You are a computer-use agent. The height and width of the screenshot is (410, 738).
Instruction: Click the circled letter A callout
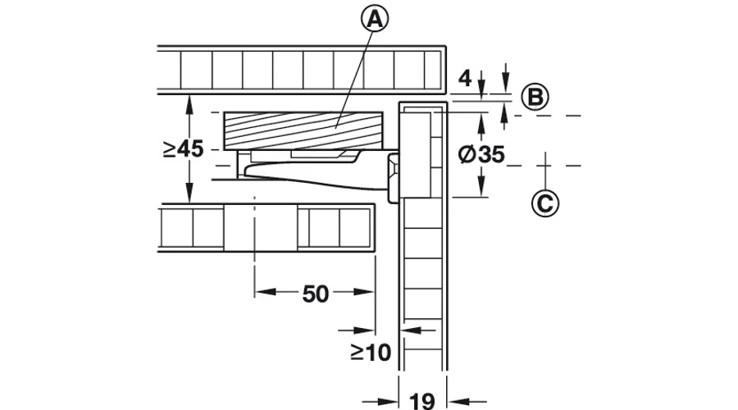375,20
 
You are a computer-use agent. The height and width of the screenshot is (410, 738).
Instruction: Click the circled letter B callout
535,97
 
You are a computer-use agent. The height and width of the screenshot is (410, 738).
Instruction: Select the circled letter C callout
545,204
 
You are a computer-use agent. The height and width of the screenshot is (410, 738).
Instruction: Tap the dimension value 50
316,294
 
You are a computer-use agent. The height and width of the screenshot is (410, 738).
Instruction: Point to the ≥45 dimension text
183,149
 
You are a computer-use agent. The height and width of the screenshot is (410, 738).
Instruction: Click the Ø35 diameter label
481,154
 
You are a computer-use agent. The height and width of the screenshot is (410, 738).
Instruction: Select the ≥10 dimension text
371,352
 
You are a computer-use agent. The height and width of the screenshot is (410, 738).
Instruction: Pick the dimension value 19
422,402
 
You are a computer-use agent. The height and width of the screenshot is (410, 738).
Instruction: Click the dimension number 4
465,78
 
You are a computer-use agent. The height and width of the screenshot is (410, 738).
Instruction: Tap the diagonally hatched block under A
303,131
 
